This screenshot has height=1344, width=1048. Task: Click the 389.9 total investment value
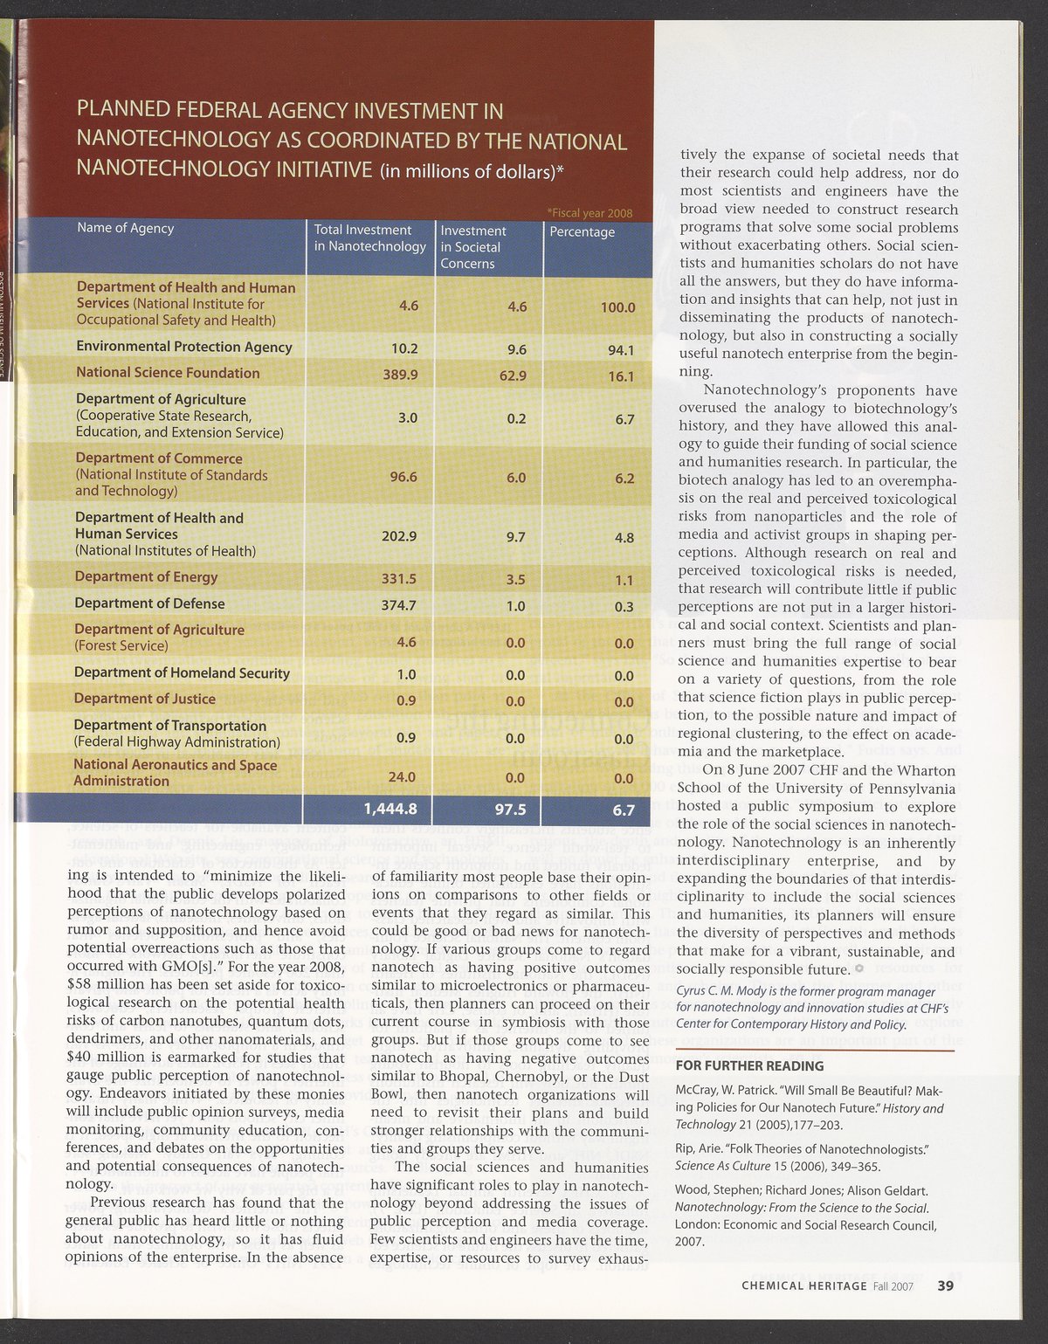click(x=401, y=375)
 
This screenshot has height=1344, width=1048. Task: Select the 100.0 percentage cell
click(x=617, y=307)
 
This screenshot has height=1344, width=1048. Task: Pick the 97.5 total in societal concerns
click(x=509, y=810)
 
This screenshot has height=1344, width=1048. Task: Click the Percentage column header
click(x=582, y=232)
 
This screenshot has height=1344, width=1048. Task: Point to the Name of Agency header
click(x=126, y=228)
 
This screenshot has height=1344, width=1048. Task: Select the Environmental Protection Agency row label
click(x=184, y=347)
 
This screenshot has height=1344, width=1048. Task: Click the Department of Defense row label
click(x=149, y=603)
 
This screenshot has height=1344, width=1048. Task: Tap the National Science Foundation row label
click(x=168, y=373)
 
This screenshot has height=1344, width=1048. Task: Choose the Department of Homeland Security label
click(x=182, y=672)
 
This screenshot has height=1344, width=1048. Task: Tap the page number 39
click(x=946, y=1285)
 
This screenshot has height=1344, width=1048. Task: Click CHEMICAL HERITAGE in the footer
click(x=803, y=1285)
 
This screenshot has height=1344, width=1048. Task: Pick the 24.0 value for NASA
click(x=402, y=776)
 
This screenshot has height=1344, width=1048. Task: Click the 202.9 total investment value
click(x=399, y=536)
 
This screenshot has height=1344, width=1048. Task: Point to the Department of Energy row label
click(x=146, y=576)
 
